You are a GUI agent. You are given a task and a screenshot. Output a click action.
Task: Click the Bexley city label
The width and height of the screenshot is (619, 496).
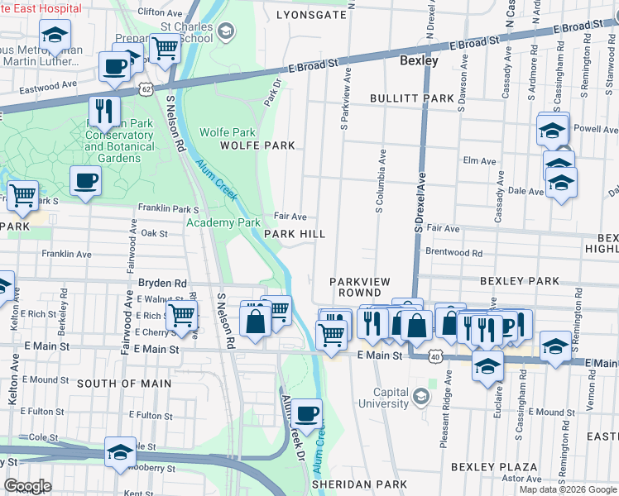point(419,60)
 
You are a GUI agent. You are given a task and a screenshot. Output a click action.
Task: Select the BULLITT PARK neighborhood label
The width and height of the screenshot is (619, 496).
point(411,98)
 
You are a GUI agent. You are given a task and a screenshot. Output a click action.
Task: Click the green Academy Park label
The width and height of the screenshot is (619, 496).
point(223,222)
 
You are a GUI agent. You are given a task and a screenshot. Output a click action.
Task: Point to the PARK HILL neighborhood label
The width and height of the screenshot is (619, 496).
point(295,234)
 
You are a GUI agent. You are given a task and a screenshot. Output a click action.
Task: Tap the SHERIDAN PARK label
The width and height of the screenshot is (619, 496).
point(359,484)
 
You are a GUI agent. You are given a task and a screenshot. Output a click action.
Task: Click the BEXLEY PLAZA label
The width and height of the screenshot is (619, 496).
point(484,467)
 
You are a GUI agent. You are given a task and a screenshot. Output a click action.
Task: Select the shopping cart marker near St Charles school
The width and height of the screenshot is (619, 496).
point(165,47)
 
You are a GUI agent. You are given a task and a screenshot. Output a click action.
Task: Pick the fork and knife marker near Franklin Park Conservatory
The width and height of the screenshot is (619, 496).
point(105,110)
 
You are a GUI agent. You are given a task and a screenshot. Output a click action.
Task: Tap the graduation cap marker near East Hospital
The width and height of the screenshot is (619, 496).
point(55,35)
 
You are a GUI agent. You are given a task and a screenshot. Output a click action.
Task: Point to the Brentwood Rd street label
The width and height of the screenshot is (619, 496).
point(453,252)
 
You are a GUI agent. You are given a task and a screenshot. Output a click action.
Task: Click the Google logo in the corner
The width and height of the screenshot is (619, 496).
point(27,486)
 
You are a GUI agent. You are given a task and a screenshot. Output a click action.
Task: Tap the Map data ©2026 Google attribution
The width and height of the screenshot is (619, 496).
point(568,489)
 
